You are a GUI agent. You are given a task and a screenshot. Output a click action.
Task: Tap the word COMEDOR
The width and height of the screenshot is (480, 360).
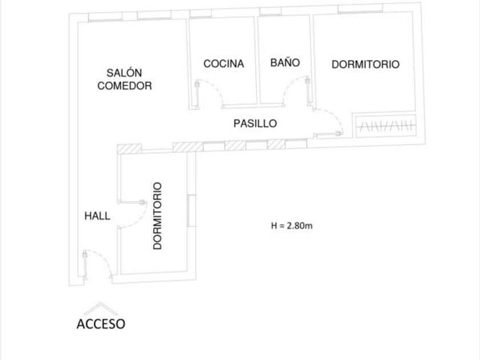pos(125,86)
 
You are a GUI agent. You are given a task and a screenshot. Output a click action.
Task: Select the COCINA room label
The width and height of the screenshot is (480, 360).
pos(224,63)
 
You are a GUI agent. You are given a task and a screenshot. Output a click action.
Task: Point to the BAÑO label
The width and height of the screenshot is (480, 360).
pos(285,62)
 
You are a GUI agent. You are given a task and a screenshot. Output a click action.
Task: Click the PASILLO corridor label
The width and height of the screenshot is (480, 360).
pos(255,123)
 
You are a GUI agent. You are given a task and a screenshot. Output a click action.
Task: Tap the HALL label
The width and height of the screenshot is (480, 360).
pos(97,216)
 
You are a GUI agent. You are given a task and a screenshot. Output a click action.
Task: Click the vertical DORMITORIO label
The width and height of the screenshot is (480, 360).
pos(157,216)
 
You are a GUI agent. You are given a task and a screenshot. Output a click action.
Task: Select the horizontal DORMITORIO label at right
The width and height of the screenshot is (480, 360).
pos(366,64)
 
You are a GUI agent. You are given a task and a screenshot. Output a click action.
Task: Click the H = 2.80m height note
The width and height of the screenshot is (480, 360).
pos(292,226)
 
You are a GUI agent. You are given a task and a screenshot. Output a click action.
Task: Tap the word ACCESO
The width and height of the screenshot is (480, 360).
pos(101,324)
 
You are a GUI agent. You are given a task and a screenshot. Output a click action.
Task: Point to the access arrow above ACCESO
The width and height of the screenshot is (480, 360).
pos(101,309)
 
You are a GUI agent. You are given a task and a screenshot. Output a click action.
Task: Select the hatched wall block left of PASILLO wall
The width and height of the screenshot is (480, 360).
pos(130,149)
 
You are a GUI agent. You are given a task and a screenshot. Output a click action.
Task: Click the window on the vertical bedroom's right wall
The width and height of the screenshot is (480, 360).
pos(191,210)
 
